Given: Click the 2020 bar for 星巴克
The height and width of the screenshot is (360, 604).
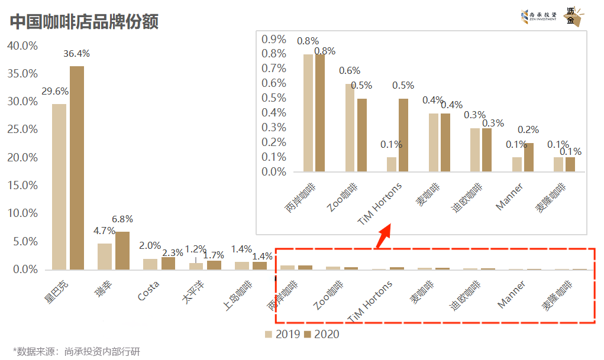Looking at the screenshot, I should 77,168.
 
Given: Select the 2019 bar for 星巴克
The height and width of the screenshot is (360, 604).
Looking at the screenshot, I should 59,187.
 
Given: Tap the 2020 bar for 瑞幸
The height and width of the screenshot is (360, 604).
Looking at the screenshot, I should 122,251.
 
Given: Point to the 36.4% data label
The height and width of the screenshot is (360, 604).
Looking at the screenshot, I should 76,54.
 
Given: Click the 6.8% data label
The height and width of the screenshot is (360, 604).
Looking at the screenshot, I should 122,219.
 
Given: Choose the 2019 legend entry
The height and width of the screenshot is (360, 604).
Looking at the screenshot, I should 284,335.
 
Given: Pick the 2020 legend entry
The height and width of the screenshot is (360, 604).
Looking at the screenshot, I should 322,335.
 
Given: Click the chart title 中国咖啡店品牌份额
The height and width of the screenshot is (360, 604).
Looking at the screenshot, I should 84,22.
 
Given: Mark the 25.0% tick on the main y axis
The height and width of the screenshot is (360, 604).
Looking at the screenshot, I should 22,129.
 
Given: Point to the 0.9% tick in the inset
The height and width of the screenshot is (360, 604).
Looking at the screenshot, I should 274,40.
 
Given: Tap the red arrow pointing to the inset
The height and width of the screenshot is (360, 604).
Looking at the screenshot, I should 384,235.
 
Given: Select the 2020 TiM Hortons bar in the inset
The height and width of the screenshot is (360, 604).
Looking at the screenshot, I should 403,135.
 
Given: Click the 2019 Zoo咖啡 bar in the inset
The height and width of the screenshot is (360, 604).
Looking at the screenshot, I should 350,128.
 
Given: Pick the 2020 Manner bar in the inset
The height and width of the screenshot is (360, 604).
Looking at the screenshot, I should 528,157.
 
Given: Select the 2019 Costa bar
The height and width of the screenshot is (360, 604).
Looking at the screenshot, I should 150,264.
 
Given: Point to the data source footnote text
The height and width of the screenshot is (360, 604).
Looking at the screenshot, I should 76,351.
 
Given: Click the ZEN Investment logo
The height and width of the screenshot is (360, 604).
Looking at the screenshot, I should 538,17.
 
